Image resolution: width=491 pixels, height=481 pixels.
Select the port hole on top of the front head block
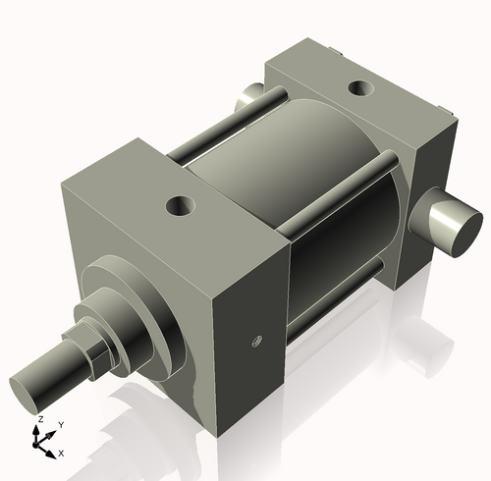(x=181, y=206)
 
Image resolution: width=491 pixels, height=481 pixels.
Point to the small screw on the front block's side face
(x=255, y=342)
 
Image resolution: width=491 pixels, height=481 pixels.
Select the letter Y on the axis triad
(x=60, y=424)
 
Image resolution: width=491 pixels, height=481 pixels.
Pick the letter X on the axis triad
(x=61, y=453)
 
